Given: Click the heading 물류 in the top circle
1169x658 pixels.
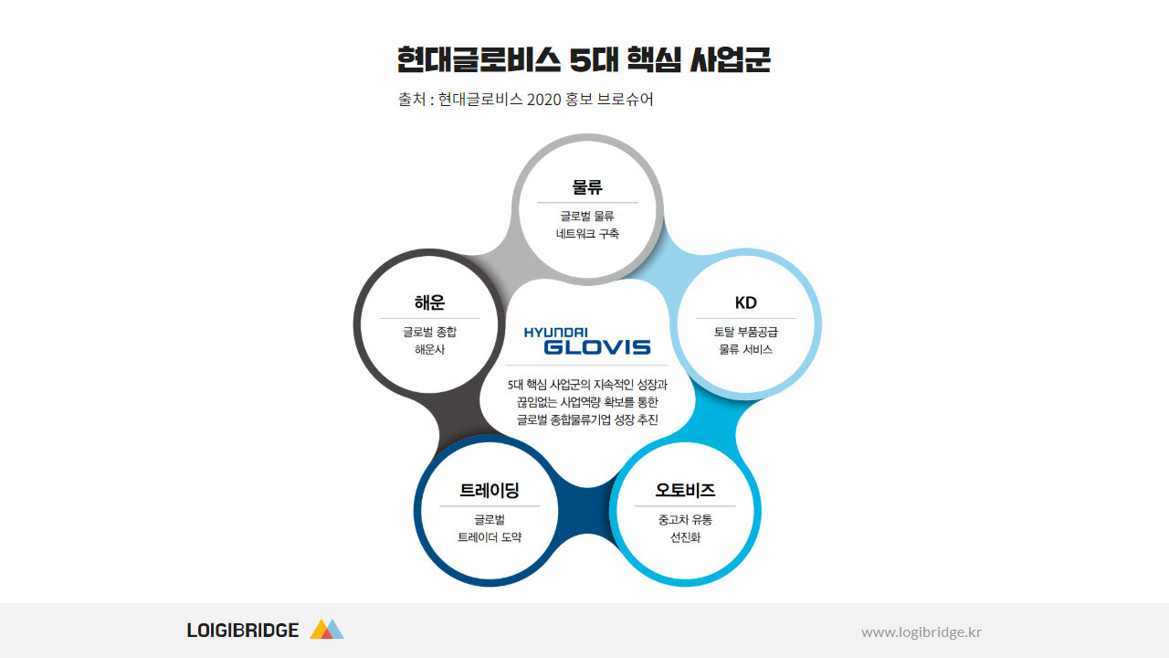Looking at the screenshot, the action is [587, 187].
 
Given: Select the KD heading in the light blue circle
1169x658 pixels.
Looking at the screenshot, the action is [745, 302].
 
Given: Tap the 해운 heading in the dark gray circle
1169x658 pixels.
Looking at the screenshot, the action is [429, 302].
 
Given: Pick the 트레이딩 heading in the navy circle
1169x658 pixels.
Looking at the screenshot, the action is [489, 491].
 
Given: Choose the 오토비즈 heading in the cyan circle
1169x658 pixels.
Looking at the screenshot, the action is [685, 491].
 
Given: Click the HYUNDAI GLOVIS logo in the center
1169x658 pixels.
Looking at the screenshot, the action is [587, 340].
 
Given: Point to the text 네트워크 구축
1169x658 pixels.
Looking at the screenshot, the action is [587, 234].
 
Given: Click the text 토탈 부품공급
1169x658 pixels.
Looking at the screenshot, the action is [745, 332].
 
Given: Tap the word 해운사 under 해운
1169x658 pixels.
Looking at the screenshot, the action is [429, 350].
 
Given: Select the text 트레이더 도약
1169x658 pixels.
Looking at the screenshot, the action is [489, 537].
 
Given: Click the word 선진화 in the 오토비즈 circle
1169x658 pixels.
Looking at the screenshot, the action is [685, 537].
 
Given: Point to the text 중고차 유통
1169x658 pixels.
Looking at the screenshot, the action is [685, 520].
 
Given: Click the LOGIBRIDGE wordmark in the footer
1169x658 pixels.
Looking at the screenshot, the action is [243, 631].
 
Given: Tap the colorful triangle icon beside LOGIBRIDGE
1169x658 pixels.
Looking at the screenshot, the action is [326, 629].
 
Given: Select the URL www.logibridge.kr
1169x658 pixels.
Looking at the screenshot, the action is [922, 631].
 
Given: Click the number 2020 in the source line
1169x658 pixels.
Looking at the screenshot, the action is [545, 100].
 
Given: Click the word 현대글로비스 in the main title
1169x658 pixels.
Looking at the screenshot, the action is [479, 60].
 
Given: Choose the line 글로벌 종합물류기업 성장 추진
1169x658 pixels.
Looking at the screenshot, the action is [587, 420].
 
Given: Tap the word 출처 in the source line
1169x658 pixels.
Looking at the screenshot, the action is [411, 100].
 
